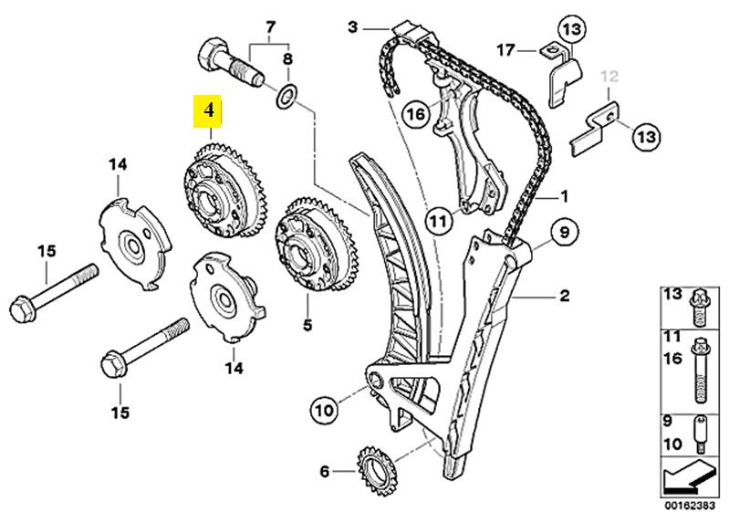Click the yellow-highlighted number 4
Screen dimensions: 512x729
(209, 112)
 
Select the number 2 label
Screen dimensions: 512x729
(564, 295)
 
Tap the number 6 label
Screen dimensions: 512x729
(325, 471)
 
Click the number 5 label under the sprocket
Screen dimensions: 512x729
(307, 324)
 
